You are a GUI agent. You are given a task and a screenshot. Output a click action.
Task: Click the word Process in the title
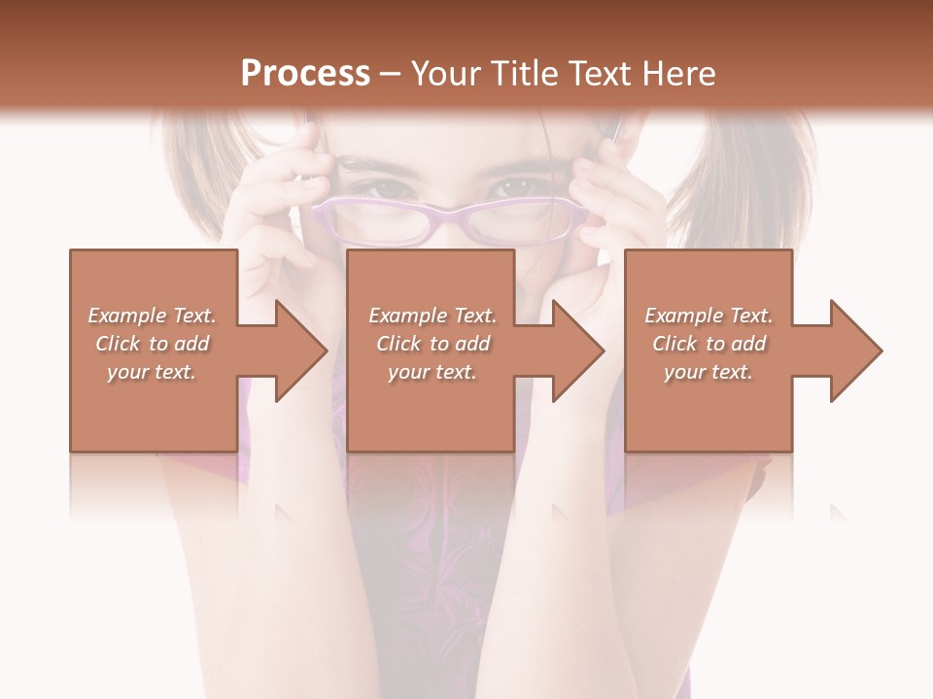[x=305, y=73]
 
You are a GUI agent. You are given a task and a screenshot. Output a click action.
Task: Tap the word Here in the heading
[x=677, y=73]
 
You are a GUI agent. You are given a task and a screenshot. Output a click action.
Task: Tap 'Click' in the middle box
[x=397, y=344]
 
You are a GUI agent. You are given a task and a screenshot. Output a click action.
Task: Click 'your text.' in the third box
[x=708, y=372]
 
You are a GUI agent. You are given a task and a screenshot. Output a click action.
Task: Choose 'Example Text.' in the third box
[x=708, y=316]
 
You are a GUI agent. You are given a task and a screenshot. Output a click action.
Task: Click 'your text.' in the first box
[x=151, y=372]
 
